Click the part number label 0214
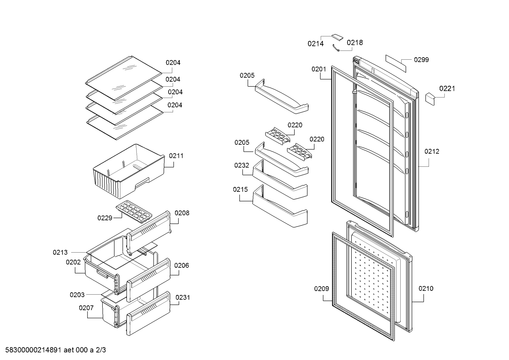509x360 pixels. (x=316, y=44)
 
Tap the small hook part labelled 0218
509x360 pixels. (x=336, y=48)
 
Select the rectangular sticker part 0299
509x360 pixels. (x=396, y=64)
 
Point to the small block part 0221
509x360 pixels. (x=430, y=99)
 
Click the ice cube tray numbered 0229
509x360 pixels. (x=134, y=211)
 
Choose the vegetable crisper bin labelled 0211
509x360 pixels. (x=129, y=171)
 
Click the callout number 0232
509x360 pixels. (x=241, y=165)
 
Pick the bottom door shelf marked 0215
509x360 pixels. (x=280, y=206)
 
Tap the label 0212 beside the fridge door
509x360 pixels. (x=432, y=152)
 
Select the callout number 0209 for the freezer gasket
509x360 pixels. (x=322, y=289)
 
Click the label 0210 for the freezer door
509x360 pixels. (x=426, y=289)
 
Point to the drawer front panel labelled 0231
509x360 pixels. (x=148, y=314)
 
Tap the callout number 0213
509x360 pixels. (x=60, y=253)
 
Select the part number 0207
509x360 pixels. (x=86, y=308)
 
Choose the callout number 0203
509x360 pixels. (x=77, y=295)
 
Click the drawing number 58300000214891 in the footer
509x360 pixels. (x=33, y=350)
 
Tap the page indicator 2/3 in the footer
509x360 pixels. (x=101, y=350)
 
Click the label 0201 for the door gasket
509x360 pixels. (x=319, y=69)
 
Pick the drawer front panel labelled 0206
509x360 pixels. (x=148, y=280)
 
